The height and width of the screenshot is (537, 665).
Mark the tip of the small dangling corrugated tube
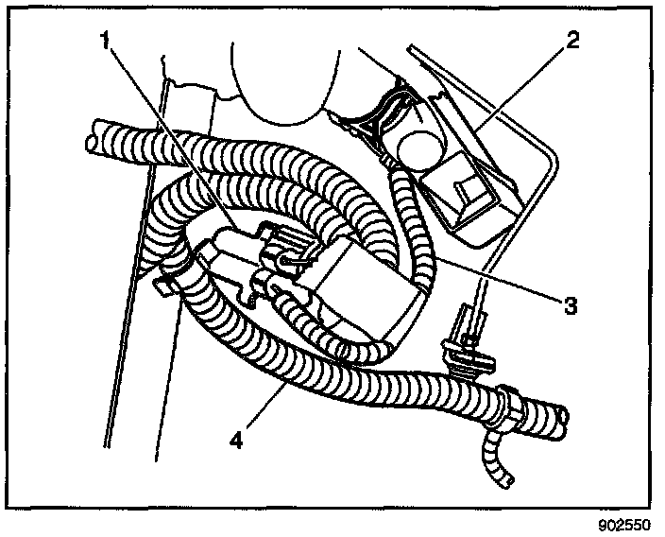pos(501,483)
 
